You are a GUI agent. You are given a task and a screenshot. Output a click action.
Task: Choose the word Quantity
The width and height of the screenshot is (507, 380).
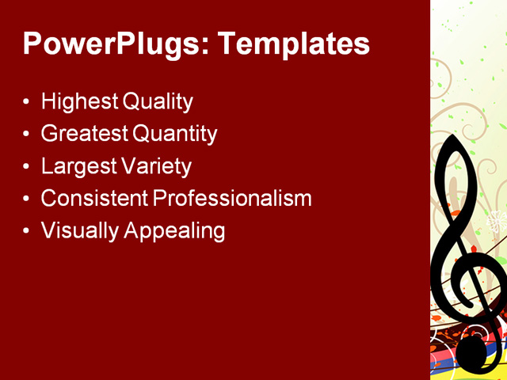click(x=174, y=135)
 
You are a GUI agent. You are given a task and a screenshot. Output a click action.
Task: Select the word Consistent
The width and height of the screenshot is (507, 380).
click(x=93, y=199)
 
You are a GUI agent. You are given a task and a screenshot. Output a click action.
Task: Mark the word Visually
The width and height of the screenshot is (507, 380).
click(x=78, y=231)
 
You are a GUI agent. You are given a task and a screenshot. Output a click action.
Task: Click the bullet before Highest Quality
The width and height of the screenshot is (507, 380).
click(x=27, y=103)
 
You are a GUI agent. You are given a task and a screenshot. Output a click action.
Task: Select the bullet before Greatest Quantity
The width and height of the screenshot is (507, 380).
click(x=27, y=135)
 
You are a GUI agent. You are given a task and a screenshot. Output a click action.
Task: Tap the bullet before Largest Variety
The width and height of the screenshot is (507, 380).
click(x=27, y=168)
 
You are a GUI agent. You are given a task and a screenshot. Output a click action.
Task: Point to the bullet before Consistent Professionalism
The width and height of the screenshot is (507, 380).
click(x=27, y=199)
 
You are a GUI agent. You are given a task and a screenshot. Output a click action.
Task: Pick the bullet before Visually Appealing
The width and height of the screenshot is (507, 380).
click(x=27, y=232)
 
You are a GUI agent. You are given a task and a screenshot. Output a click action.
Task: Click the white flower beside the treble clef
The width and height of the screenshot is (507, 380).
click(x=498, y=222)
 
